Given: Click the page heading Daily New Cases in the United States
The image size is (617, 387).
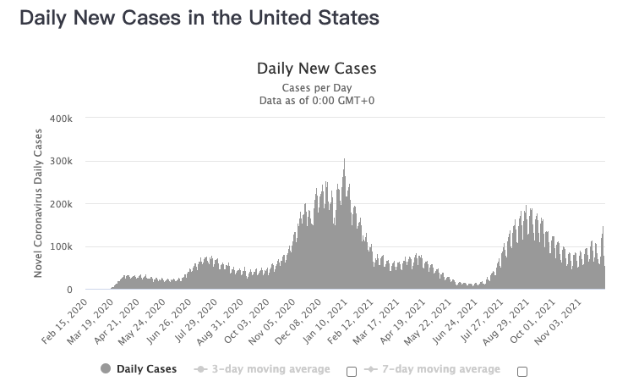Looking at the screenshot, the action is [x=199, y=18].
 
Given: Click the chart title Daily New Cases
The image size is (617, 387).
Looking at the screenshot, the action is [x=317, y=69].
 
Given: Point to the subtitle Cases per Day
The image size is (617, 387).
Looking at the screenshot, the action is [x=317, y=87].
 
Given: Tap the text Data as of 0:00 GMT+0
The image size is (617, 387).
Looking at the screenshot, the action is [x=317, y=101].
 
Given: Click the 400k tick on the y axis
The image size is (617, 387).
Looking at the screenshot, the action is [x=61, y=119].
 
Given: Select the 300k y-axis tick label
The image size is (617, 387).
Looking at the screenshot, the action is [x=61, y=161].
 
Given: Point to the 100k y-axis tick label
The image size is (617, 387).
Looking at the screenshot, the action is [x=61, y=246].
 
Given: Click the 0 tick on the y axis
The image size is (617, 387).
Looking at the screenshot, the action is [x=69, y=290].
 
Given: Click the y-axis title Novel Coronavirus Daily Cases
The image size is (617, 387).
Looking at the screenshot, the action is [x=38, y=203].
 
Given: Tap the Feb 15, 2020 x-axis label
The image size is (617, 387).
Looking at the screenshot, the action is [x=64, y=322].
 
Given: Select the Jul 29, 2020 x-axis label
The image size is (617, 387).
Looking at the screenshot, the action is [x=195, y=322].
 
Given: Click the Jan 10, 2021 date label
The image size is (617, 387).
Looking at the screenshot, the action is [x=325, y=322].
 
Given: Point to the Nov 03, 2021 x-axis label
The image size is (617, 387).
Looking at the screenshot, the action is [x=559, y=323].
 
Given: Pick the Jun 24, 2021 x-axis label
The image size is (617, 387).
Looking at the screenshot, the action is [x=456, y=322].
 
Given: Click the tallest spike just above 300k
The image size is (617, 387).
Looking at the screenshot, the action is [x=344, y=159].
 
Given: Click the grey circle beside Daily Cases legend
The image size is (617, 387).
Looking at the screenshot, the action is [x=106, y=369].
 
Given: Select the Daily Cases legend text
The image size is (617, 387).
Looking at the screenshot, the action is [x=147, y=369].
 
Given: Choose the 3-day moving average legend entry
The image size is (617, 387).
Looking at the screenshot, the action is [x=262, y=369].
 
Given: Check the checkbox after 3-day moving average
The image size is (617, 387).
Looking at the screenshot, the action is [x=352, y=372].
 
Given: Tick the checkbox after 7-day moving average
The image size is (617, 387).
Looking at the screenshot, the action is [x=522, y=372].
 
